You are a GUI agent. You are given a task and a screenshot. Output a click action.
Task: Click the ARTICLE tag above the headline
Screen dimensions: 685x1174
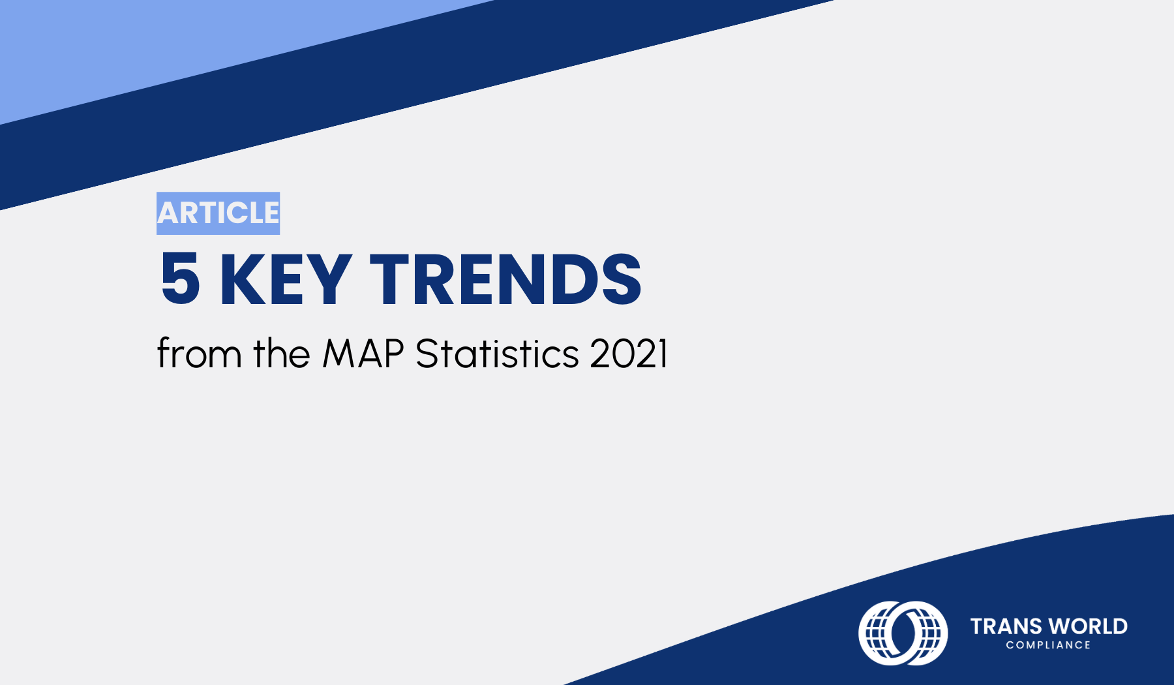coord(218,213)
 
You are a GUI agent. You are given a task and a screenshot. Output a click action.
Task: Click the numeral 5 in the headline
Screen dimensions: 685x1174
coord(180,279)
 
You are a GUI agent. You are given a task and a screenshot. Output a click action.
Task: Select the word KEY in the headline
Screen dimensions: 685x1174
coord(286,279)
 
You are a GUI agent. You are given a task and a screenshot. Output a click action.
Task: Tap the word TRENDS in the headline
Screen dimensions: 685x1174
coord(505,279)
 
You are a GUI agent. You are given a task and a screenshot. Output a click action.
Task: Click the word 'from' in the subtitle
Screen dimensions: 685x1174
coord(200,354)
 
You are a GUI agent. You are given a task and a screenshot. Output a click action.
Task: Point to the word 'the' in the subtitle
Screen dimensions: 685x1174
coord(281,354)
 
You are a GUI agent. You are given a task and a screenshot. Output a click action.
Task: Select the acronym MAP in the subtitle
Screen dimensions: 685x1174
coord(363,354)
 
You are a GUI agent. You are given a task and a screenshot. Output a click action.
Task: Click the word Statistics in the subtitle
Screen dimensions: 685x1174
coord(497,354)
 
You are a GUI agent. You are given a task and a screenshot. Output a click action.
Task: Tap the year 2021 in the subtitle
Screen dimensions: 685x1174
coord(629,354)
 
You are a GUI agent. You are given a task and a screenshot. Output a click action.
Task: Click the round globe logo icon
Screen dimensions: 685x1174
coord(903,633)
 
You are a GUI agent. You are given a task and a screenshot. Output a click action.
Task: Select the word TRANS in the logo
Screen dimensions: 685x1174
coord(1006,626)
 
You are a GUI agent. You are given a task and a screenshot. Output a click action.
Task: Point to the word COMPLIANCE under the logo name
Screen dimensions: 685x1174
coord(1048,645)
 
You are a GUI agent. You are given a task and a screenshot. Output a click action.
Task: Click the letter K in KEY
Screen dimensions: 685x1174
coord(239,279)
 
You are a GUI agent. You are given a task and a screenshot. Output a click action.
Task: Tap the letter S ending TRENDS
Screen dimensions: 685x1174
coord(621,279)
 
